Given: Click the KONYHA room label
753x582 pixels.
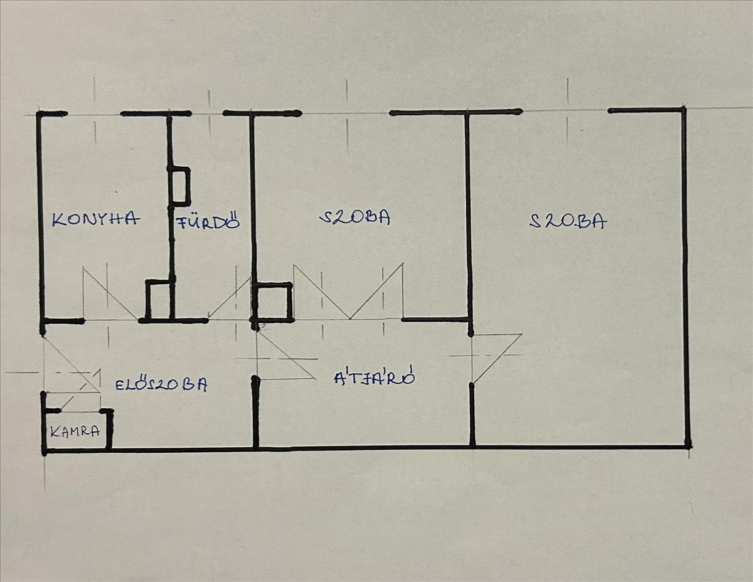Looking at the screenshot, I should [x=96, y=219].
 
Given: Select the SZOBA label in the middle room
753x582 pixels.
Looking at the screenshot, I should [x=355, y=217].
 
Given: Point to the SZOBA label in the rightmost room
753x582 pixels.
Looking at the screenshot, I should [x=568, y=221].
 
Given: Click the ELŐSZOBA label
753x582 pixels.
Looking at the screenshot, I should [x=161, y=384].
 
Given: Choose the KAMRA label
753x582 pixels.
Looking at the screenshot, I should [x=75, y=431].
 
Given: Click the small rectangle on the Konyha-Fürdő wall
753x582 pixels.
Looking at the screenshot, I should [x=180, y=186].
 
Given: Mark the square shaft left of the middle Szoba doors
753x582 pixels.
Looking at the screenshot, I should [x=272, y=302].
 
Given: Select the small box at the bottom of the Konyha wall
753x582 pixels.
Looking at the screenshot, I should [x=159, y=299].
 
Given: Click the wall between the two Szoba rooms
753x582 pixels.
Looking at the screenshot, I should [x=468, y=213].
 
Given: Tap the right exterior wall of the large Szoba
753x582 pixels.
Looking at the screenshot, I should [x=685, y=276].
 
